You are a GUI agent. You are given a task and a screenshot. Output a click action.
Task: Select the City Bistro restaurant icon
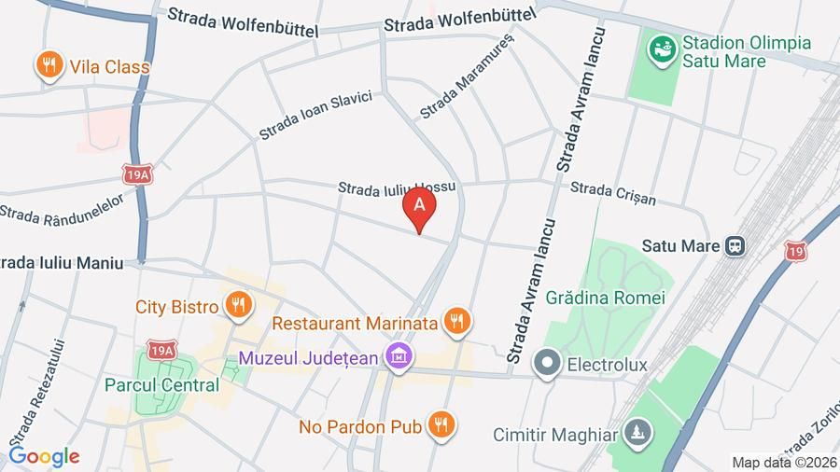coord(240,305)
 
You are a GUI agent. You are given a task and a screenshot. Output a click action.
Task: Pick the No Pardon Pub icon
coord(441,426)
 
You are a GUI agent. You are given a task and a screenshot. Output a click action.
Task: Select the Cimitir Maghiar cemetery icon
coord(638,434)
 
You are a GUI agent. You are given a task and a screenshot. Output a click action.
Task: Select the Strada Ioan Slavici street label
coord(315,115)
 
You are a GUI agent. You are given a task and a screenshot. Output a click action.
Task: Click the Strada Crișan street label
coord(612,193)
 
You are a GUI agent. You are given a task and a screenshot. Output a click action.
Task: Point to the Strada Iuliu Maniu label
coord(62,263)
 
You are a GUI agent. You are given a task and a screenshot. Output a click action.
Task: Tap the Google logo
coord(44,456)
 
